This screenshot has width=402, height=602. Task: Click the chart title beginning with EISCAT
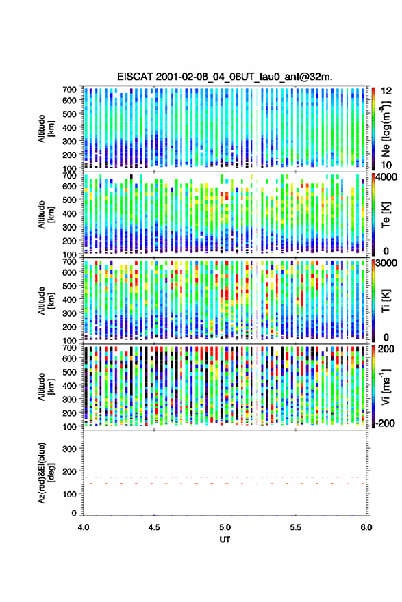coord(225,77)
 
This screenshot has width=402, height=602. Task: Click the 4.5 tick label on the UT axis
coord(154,527)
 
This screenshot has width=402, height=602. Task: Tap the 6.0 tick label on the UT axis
coord(366,527)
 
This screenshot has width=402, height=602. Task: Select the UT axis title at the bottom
coord(225,540)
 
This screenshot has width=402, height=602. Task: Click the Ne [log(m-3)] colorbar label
coord(386,129)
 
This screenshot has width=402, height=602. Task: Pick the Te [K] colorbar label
coord(386,215)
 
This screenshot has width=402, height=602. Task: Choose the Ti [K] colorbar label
coord(386,301)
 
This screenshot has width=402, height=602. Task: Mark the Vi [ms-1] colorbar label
coord(386,387)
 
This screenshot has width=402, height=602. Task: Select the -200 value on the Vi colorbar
coord(386,423)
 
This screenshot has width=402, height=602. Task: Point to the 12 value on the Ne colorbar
coord(386,91)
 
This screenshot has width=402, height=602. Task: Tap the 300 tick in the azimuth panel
coord(70,449)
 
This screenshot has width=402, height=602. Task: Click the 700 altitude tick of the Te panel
coord(70,175)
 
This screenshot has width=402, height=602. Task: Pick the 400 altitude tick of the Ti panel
coord(70,300)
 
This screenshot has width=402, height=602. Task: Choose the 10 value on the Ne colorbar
coord(386,165)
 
